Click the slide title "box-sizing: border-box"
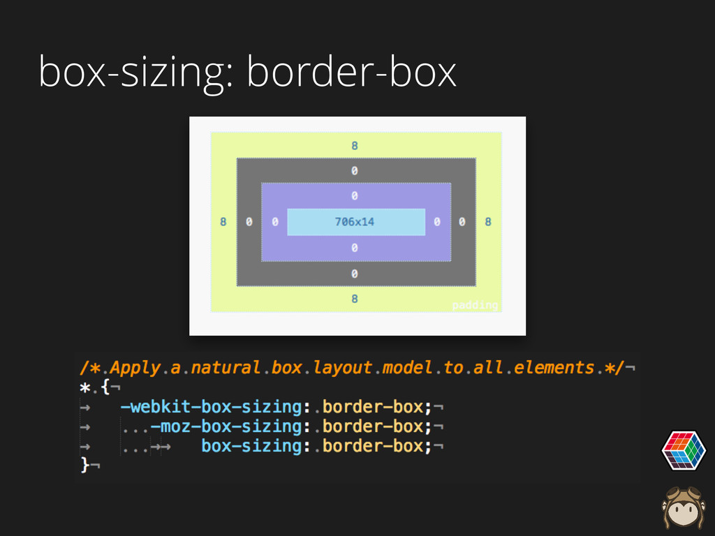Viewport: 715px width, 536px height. tap(248, 72)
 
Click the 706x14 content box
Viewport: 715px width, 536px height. tap(355, 222)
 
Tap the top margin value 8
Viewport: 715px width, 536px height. tap(355, 146)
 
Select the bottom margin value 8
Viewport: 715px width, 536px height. tap(355, 299)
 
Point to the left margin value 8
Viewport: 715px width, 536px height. tap(223, 222)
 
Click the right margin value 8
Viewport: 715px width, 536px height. tap(488, 222)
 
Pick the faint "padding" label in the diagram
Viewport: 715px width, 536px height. tap(475, 306)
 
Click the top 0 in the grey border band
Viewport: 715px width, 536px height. tap(355, 170)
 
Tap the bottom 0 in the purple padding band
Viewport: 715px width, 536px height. tap(355, 248)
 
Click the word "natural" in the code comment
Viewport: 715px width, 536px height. tap(225, 367)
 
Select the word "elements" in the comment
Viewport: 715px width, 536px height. tap(555, 367)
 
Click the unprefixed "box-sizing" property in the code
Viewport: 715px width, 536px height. tap(252, 445)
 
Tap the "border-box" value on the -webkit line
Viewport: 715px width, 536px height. tap(373, 406)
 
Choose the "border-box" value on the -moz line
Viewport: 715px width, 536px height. tap(373, 426)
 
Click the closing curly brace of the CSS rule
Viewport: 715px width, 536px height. tap(86, 464)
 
